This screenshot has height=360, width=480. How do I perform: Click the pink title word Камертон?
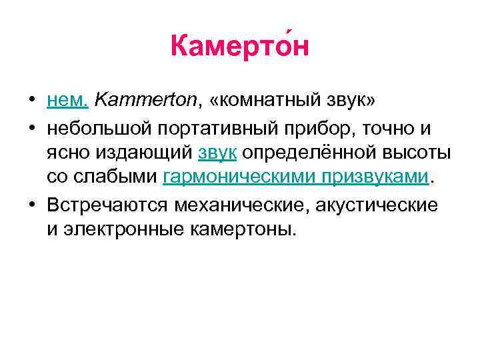[x=239, y=47]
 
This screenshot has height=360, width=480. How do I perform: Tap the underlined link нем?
[x=67, y=101]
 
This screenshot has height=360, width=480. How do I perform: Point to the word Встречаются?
[x=109, y=205]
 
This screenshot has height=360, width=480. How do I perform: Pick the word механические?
[x=240, y=205]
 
